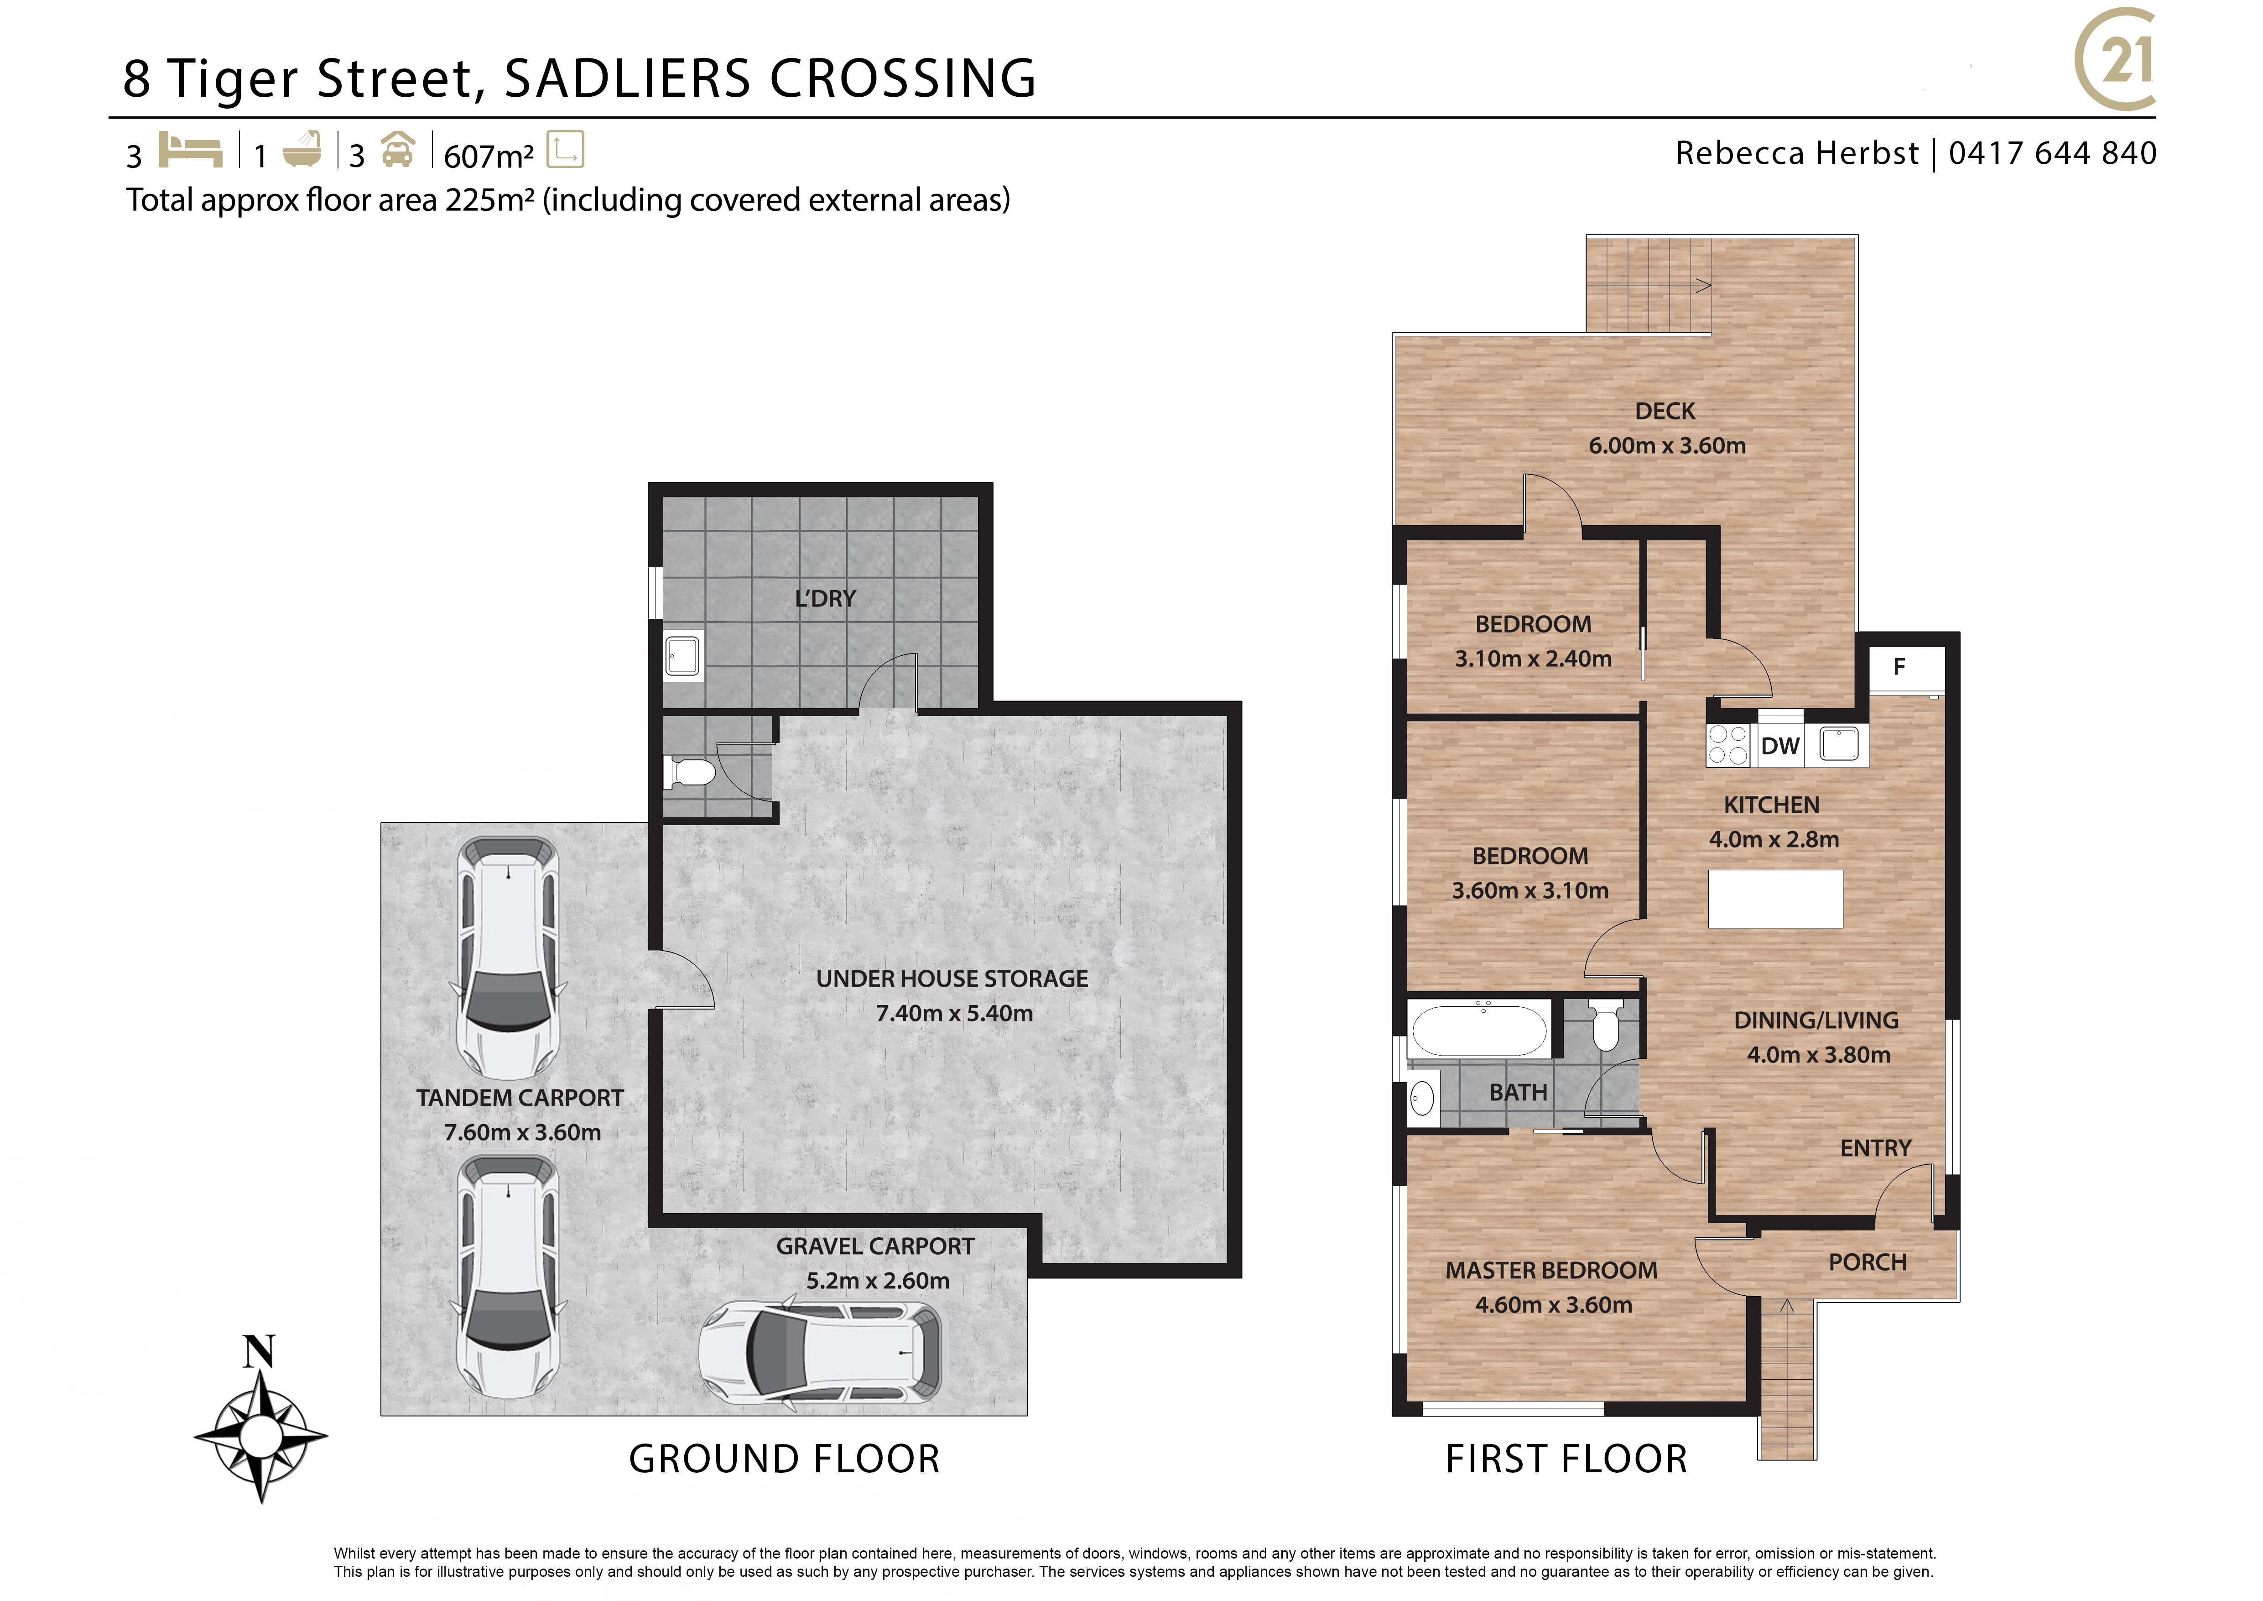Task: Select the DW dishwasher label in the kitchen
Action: [1780, 746]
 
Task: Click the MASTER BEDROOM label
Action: [1551, 1271]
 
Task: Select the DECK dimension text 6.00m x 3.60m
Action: [1667, 445]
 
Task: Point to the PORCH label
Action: [1867, 1263]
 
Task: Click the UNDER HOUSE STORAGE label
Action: [952, 979]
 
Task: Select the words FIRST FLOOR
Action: [1566, 1459]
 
